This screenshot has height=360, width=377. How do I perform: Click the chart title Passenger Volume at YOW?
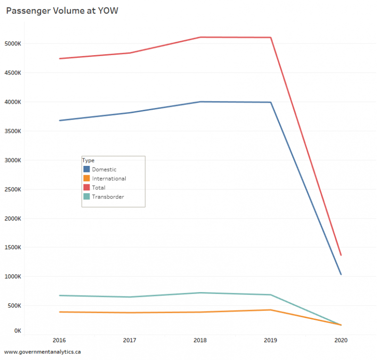coord(62,11)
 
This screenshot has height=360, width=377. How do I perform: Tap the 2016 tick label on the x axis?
coord(59,340)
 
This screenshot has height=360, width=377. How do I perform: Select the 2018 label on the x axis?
coord(200,340)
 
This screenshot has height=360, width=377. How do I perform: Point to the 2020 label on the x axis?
coord(341,340)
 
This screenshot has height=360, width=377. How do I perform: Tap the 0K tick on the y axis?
coord(17,331)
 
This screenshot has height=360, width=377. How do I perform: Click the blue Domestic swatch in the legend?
coord(87,169)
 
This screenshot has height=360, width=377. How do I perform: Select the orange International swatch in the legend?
coord(87,179)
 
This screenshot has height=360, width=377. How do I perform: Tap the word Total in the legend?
coord(99,188)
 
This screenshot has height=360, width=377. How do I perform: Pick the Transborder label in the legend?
coord(108,197)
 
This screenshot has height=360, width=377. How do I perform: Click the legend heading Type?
coord(88,160)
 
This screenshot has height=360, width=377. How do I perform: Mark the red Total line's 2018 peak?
coord(200,37)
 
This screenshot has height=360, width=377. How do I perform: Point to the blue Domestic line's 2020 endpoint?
coord(341,274)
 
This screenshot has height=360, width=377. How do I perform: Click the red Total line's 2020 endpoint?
coord(341,255)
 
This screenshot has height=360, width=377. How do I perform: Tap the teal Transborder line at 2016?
coord(59,295)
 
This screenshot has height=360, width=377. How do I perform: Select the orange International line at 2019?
coord(270,310)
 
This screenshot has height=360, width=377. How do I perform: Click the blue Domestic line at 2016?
coord(59,120)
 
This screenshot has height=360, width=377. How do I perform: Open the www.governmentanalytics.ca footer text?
coord(43,352)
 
